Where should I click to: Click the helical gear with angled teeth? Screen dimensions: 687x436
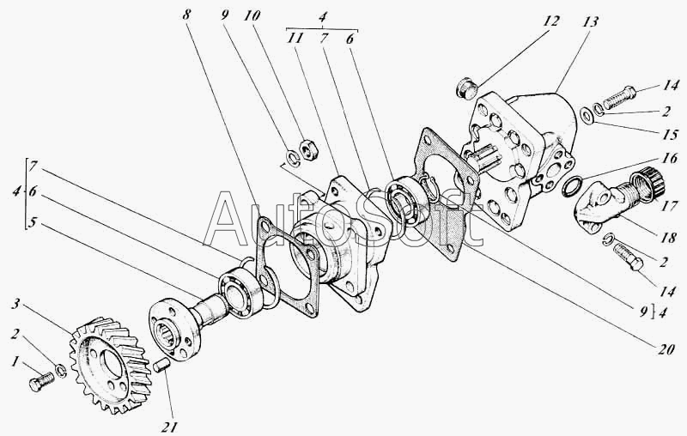111,365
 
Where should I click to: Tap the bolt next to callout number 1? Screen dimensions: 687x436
41,380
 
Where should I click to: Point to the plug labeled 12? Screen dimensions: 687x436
466,88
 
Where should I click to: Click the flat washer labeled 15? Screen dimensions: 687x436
587,116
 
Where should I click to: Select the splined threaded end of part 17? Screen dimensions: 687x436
647,183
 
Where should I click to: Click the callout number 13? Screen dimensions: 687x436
590,21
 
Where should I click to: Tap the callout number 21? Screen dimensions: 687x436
169,427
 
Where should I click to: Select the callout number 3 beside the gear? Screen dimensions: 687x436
15,303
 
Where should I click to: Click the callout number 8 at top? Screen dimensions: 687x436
187,15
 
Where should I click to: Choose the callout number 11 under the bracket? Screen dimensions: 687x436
295,39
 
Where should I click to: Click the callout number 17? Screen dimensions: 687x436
669,205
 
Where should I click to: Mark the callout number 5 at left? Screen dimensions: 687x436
32,223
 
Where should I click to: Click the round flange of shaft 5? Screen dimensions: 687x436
174,330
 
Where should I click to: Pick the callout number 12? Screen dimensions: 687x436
551,21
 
